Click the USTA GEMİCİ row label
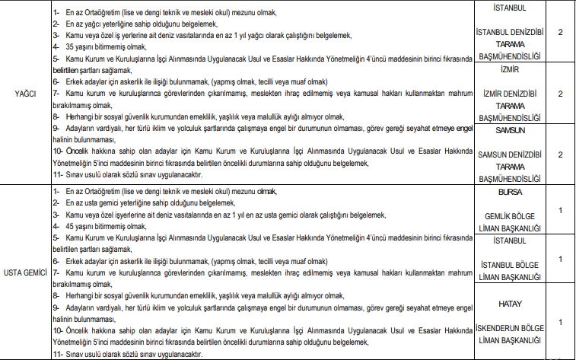27,272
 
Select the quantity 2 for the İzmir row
560,94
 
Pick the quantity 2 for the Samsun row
560,155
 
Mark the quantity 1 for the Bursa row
560,210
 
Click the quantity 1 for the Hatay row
560,322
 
